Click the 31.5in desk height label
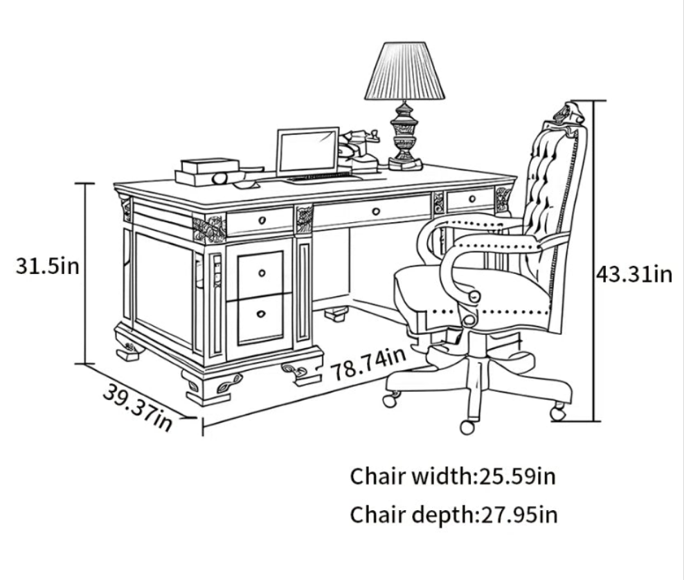(x=47, y=266)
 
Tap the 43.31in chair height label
(x=634, y=274)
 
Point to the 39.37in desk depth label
(x=137, y=407)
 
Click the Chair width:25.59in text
(x=453, y=476)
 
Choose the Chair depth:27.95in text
(x=453, y=514)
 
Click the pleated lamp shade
(x=404, y=71)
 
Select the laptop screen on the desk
(x=307, y=151)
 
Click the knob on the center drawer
(x=376, y=212)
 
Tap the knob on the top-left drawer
(x=262, y=220)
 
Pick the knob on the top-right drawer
(x=472, y=199)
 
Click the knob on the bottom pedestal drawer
(x=261, y=314)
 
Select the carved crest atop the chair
(x=568, y=114)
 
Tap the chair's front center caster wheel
(x=467, y=427)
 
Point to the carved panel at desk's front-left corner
(x=209, y=229)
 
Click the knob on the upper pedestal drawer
(x=262, y=273)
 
